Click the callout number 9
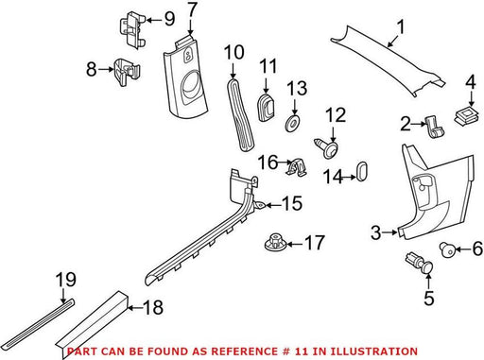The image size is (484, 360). click(x=169, y=19)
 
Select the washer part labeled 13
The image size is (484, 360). click(x=292, y=124)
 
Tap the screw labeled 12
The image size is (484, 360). click(x=327, y=148)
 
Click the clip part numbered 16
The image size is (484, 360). click(x=297, y=167)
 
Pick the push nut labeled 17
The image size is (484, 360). click(x=275, y=242)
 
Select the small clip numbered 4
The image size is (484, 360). click(x=468, y=116)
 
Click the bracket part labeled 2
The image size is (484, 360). click(x=435, y=127)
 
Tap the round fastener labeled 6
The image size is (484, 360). click(x=447, y=249)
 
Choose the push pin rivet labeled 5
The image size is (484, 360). click(x=420, y=263)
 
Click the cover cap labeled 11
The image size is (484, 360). click(x=267, y=107)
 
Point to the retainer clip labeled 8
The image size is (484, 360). click(x=127, y=71)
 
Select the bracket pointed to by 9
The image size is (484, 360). click(x=132, y=30)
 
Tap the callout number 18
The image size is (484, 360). click(x=153, y=307)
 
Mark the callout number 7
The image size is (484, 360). click(x=192, y=10)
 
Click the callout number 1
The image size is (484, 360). click(x=400, y=26)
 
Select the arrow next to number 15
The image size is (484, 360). click(x=273, y=205)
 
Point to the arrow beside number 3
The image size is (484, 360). click(x=390, y=232)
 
